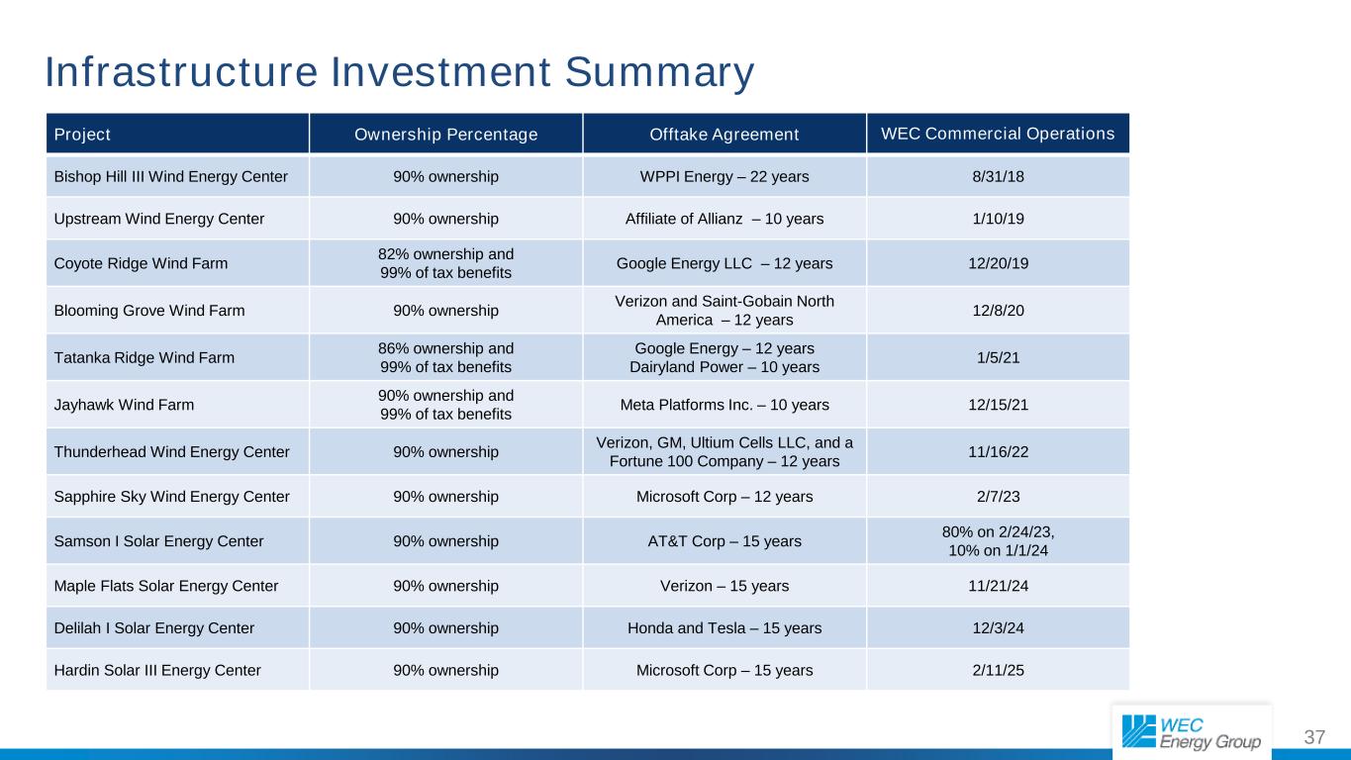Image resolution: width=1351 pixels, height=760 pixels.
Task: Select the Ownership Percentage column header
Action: [x=445, y=134]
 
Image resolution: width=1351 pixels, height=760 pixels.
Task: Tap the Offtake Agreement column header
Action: [x=724, y=134]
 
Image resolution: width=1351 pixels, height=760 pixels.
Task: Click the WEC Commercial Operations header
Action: [x=997, y=133]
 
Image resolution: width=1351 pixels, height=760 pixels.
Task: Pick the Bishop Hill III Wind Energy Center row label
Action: [x=169, y=177]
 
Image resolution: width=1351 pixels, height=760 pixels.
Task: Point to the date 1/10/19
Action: [x=997, y=219]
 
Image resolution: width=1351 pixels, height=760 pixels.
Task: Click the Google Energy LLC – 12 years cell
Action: [x=724, y=262]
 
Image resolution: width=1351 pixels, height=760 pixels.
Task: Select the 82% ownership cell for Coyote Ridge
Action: [x=445, y=262]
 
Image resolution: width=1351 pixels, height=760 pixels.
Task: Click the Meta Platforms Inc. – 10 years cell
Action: [x=724, y=404]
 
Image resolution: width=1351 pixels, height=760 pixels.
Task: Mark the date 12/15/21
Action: [x=997, y=404]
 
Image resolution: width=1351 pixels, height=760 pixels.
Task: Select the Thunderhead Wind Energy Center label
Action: [x=171, y=451]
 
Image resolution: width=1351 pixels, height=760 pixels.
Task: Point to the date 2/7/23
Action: [x=997, y=496]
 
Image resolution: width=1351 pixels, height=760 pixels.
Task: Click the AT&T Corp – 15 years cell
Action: [x=724, y=540]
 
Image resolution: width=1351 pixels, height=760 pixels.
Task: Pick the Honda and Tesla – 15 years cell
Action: [x=724, y=627]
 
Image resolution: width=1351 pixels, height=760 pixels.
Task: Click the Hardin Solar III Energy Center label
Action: [x=157, y=670]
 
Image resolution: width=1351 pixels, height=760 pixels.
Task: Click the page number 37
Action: [x=1314, y=737]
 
